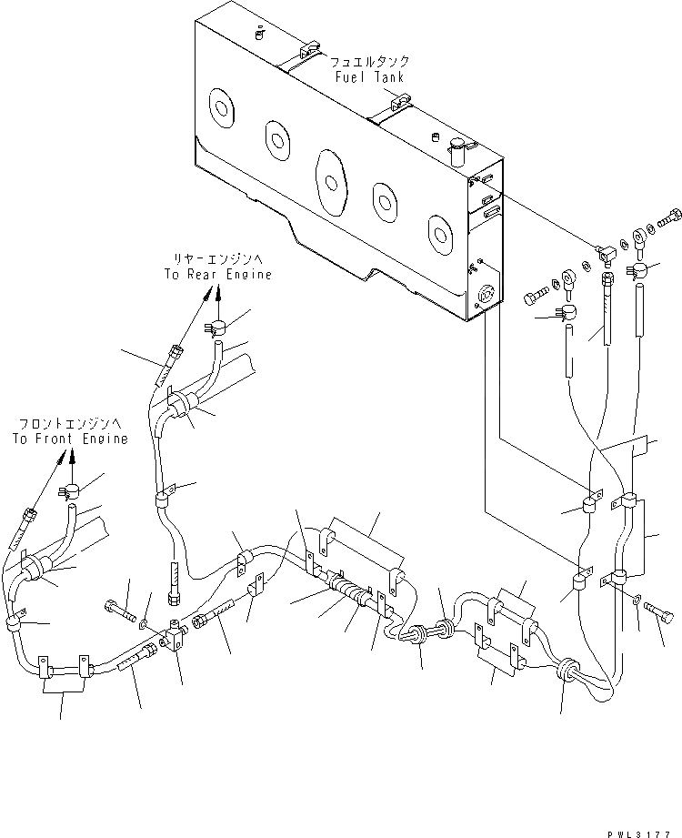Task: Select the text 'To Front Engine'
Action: coord(70,438)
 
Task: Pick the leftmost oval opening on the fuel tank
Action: coord(221,108)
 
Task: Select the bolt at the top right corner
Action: coord(671,219)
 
